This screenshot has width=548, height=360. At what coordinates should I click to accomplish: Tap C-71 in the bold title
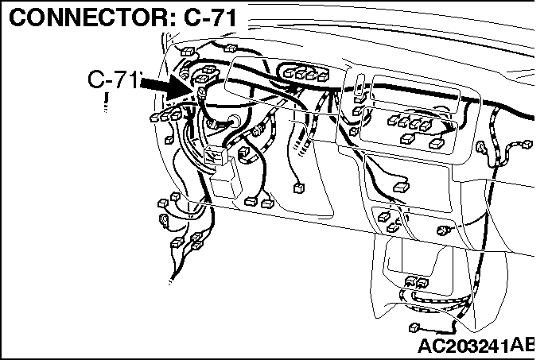click(x=211, y=17)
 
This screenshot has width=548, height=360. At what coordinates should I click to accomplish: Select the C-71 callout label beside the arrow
click(x=114, y=79)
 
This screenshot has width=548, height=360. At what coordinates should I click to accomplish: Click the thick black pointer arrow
click(x=166, y=87)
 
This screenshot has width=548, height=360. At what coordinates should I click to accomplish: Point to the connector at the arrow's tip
click(x=202, y=92)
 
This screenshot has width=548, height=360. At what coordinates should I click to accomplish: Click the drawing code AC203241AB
click(x=476, y=346)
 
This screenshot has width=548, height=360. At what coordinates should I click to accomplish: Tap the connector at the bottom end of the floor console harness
click(x=414, y=327)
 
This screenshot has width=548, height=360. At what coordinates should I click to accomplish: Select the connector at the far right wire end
click(x=527, y=144)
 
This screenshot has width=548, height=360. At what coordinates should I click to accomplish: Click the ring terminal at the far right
click(x=480, y=146)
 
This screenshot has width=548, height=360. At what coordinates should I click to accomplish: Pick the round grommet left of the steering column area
click(x=234, y=120)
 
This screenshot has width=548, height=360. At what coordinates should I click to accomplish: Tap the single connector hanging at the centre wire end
click(x=299, y=188)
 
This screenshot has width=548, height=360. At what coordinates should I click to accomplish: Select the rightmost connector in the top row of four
click(x=323, y=75)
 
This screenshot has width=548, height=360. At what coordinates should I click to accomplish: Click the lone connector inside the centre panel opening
click(x=401, y=188)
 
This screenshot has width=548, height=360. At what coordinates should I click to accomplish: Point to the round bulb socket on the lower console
click(x=441, y=230)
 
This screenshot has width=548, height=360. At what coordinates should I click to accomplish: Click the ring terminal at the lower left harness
click(x=164, y=219)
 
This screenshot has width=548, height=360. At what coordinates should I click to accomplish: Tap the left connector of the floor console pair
click(x=410, y=281)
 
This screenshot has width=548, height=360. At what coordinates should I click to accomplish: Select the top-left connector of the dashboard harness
click(x=188, y=52)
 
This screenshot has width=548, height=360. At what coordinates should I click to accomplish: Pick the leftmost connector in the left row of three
click(x=155, y=117)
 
